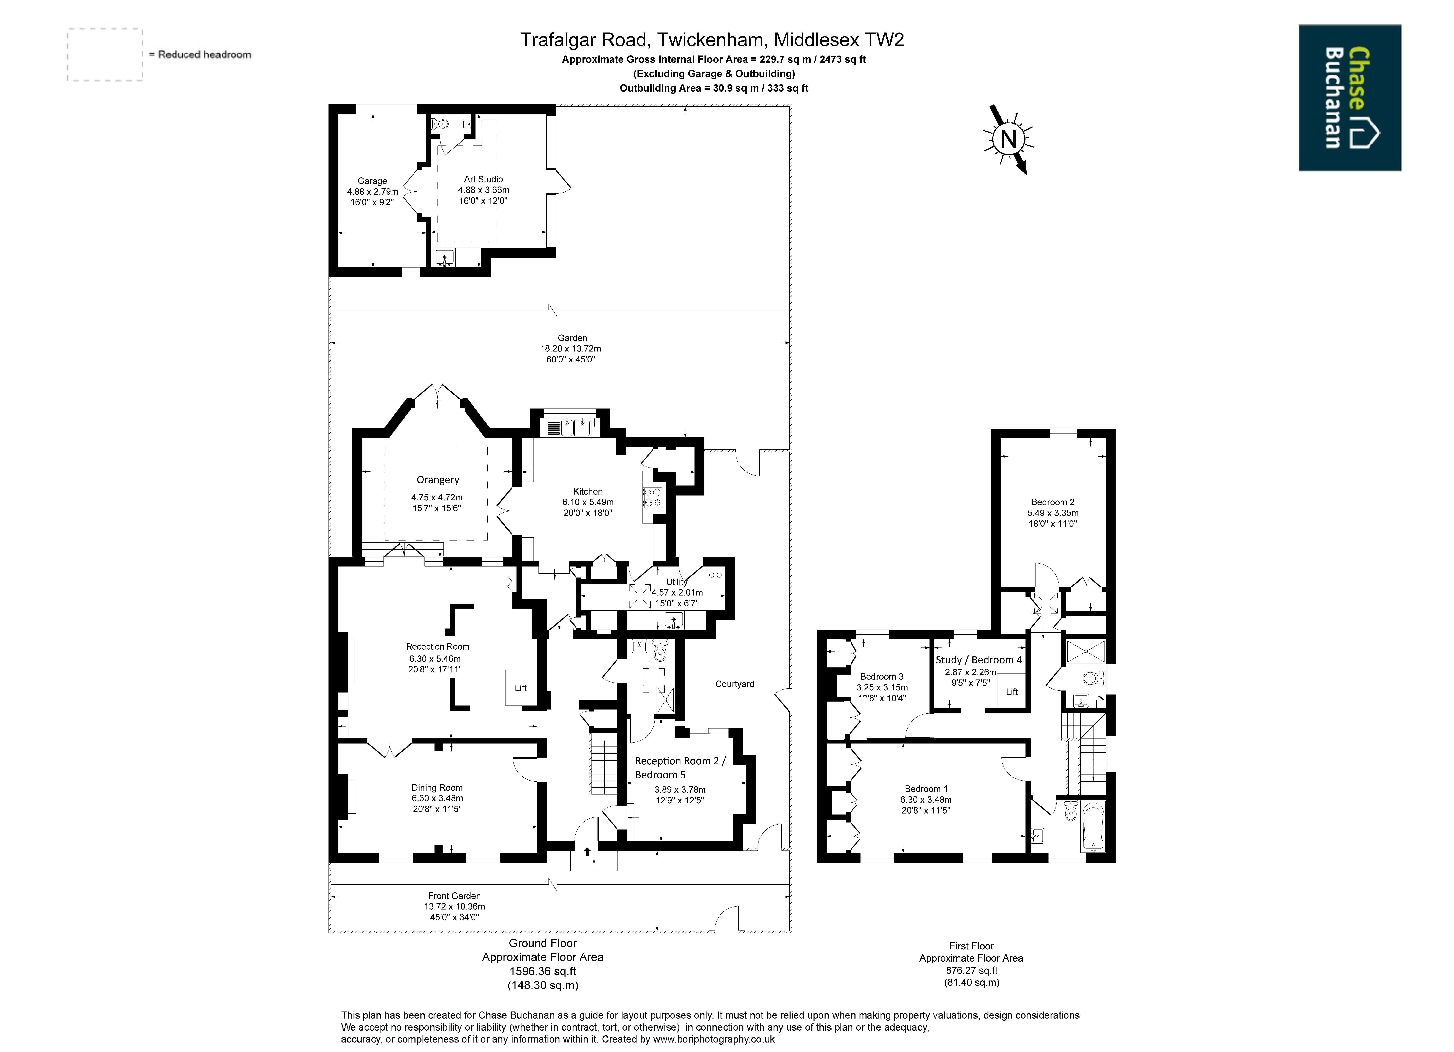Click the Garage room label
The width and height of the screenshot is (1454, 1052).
pos(373,181)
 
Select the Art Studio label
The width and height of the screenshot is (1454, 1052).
pos(483,179)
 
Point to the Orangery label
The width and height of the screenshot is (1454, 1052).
pos(438,480)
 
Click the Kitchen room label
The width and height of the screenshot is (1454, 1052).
pos(588,491)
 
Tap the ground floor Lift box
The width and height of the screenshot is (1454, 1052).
pos(521,688)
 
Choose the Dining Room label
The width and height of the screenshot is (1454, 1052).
pos(437,787)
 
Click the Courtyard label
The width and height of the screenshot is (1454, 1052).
pos(735,684)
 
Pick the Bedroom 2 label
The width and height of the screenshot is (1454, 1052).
pos(1053,502)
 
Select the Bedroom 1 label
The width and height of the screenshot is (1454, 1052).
pos(926,789)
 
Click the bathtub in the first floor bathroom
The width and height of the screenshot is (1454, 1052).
pos(1093,827)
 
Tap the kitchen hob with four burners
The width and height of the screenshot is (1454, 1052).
pos(653,498)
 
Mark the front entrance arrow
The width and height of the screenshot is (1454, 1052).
pos(587,851)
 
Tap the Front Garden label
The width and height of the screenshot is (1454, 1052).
pos(455,896)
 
